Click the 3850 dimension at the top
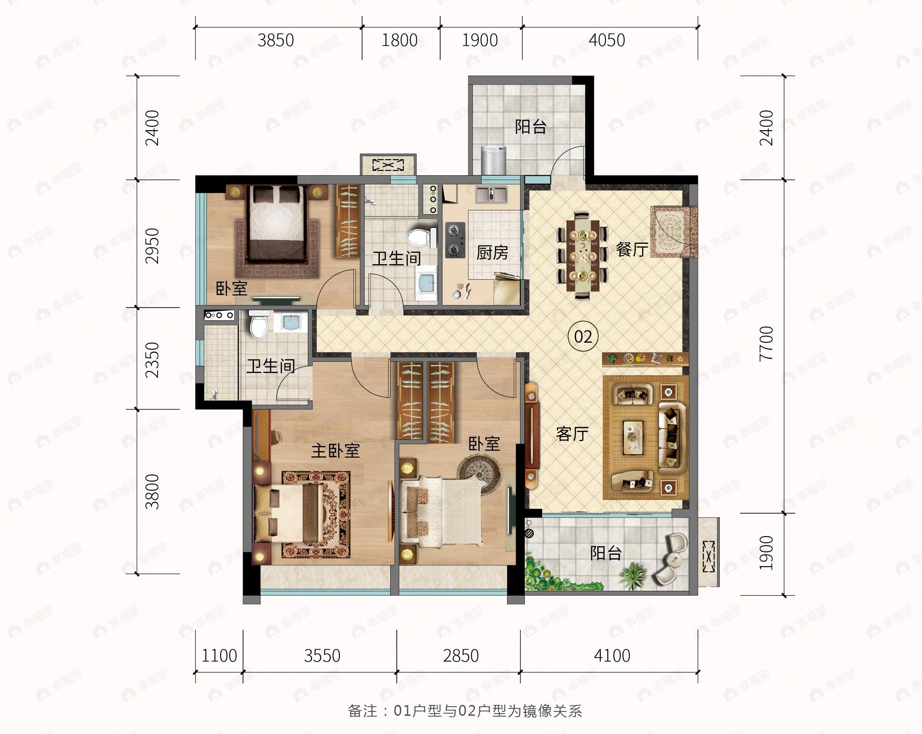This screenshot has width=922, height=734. pyautogui.click(x=276, y=40)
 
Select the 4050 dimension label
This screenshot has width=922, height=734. pyautogui.click(x=607, y=40)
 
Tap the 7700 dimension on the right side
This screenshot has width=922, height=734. pyautogui.click(x=767, y=343)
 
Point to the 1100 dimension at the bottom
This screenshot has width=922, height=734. pyautogui.click(x=219, y=655)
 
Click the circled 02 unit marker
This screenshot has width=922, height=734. pyautogui.click(x=583, y=336)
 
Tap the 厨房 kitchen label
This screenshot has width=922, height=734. pyautogui.click(x=492, y=252)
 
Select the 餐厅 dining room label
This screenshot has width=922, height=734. pyautogui.click(x=632, y=249)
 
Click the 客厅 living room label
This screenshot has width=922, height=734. pyautogui.click(x=573, y=433)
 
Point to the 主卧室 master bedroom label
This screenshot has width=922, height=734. pyautogui.click(x=336, y=451)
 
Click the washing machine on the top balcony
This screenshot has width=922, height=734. pyautogui.click(x=494, y=160)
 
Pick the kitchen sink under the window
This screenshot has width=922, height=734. pyautogui.click(x=491, y=195)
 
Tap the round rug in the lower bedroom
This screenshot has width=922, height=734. pyautogui.click(x=480, y=474)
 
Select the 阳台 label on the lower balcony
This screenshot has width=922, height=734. pyautogui.click(x=606, y=553)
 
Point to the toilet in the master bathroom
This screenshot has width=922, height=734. pyautogui.click(x=259, y=324)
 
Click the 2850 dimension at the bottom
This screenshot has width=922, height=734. pyautogui.click(x=461, y=655)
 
